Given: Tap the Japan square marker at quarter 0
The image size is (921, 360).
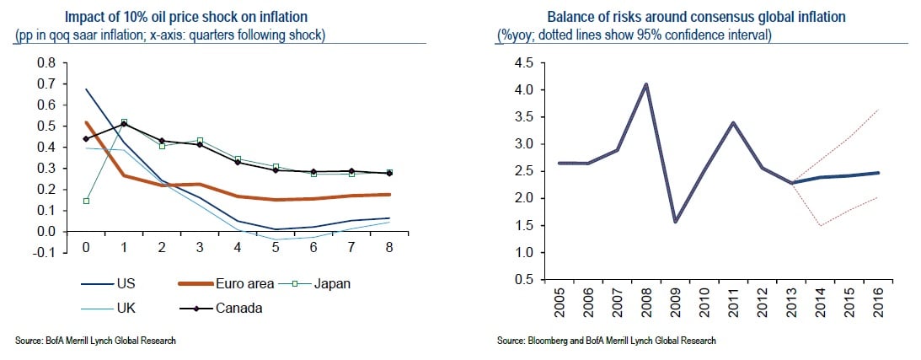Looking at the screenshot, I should coord(86,201).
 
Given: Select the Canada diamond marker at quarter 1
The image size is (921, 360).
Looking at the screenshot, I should coord(125,124).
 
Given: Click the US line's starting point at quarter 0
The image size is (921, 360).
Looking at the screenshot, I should coord(86,89).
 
